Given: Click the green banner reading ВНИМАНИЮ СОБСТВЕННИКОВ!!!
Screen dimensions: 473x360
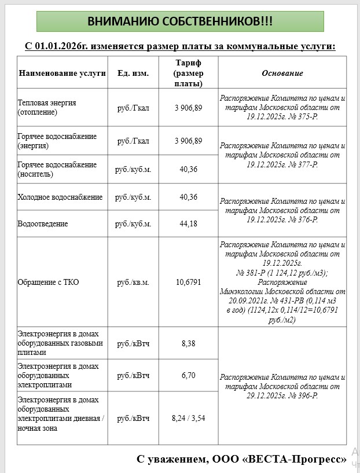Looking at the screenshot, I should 180,21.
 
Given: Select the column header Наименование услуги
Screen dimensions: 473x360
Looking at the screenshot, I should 63,74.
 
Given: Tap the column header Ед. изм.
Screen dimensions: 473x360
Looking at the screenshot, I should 133,74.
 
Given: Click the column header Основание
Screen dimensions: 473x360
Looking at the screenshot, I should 282,74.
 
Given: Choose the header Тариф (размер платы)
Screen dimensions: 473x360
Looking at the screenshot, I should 188,73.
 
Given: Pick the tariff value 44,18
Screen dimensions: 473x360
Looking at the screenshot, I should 188,223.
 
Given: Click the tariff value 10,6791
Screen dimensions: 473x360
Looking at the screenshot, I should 188,283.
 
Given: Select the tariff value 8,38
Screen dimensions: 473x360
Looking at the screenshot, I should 188,343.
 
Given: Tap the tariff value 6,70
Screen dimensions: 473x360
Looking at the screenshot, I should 188,375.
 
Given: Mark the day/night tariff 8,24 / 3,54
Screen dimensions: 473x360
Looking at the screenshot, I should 188,417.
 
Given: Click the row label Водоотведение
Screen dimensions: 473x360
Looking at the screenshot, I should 43,223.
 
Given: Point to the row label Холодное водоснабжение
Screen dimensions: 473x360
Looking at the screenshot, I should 60,197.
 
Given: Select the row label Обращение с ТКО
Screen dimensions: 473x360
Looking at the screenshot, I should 48,283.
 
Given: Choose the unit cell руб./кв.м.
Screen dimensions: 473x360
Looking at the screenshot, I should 133,283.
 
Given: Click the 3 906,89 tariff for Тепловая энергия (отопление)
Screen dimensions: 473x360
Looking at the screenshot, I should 188,107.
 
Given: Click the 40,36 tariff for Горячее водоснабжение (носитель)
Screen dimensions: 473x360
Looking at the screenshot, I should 188,169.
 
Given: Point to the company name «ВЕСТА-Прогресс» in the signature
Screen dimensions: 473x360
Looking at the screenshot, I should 295,460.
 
